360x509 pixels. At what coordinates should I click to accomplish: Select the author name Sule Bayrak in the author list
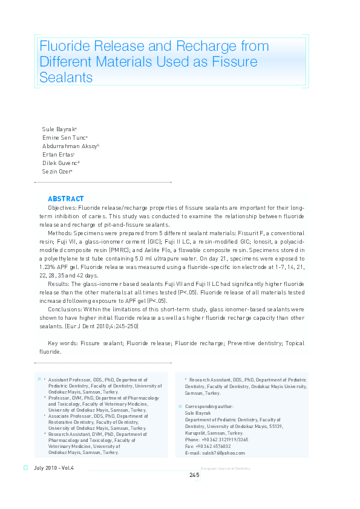pos(58,129)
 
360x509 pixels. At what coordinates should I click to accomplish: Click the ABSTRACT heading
pos(65,199)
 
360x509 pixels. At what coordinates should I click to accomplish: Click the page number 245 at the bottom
pos(194,475)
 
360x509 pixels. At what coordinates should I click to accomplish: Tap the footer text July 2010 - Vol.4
pos(54,468)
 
